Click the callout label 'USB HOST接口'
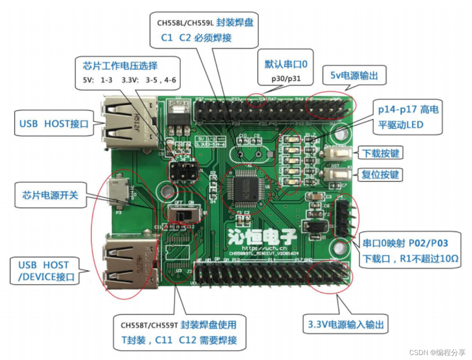coord(54,123)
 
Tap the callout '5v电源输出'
coord(354,76)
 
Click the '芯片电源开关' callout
coord(50,194)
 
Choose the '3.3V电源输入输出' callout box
coord(345,324)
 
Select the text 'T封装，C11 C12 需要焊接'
coord(176,341)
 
